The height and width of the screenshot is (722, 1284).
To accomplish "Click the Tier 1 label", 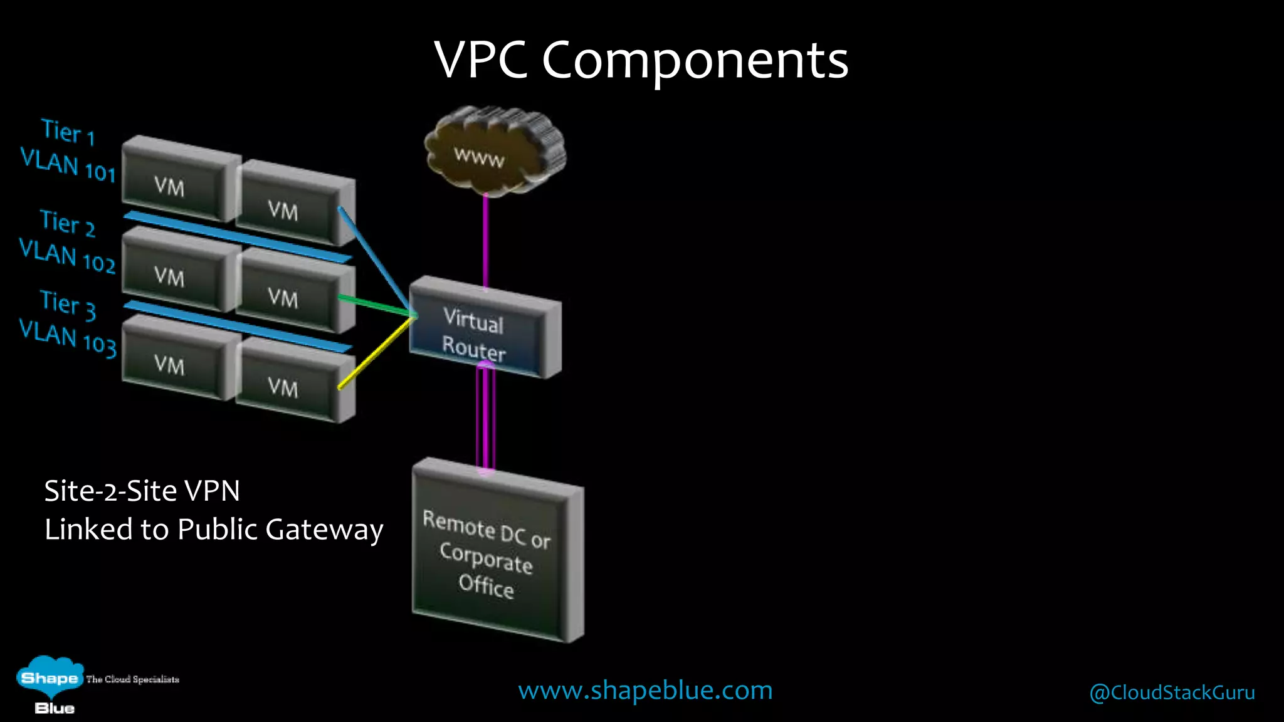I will pyautogui.click(x=68, y=131).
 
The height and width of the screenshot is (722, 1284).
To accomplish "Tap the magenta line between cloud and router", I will pyautogui.click(x=485, y=241).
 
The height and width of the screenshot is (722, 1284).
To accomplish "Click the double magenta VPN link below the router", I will pyautogui.click(x=486, y=417).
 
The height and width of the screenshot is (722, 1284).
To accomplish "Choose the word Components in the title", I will pyautogui.click(x=695, y=60).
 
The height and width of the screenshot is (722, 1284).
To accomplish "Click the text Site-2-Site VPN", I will pyautogui.click(x=142, y=491).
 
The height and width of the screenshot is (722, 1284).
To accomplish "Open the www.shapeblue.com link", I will pyautogui.click(x=645, y=691).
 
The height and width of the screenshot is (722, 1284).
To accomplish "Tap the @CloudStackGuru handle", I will pyautogui.click(x=1172, y=693).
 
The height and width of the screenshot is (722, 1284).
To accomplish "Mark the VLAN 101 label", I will pyautogui.click(x=68, y=165).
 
